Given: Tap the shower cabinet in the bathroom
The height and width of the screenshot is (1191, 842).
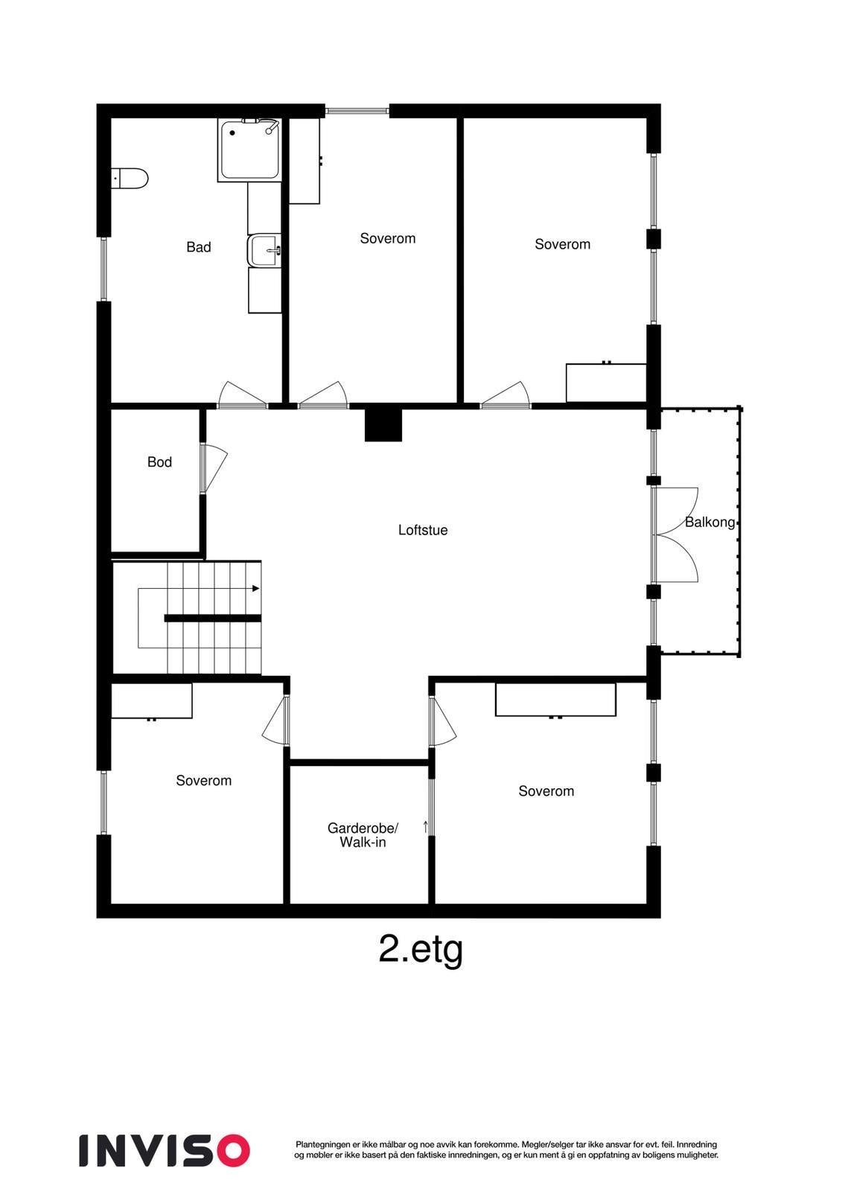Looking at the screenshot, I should pos(249,149).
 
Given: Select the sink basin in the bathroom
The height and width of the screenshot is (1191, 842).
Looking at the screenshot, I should pos(264,251).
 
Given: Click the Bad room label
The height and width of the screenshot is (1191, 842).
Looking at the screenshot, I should pos(199,247).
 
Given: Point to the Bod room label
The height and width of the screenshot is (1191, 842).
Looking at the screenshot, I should pos(159,462).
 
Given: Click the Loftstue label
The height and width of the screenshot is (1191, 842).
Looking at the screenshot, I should pos(423,531).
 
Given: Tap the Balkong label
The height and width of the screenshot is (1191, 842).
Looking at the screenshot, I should pos(709,523).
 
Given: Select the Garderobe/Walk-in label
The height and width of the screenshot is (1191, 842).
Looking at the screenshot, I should pos(363,835).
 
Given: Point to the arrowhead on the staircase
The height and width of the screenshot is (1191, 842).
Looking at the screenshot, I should pos(256,589).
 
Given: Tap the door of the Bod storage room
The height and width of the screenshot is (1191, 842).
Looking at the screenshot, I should pos(211,468).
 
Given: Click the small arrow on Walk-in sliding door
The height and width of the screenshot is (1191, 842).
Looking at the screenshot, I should pos(426,826).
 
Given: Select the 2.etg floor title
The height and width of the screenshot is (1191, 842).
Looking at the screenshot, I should pos(421,950).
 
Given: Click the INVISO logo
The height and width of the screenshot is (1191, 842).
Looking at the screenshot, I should pos(165,1150).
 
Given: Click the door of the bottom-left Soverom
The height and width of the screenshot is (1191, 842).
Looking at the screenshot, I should pos(276,721).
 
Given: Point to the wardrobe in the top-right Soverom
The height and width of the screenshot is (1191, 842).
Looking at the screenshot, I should pos(605,383).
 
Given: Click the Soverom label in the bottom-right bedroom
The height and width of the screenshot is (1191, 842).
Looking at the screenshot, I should pos(546,791).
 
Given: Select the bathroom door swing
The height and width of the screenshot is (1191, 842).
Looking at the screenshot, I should pos(242,395).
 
